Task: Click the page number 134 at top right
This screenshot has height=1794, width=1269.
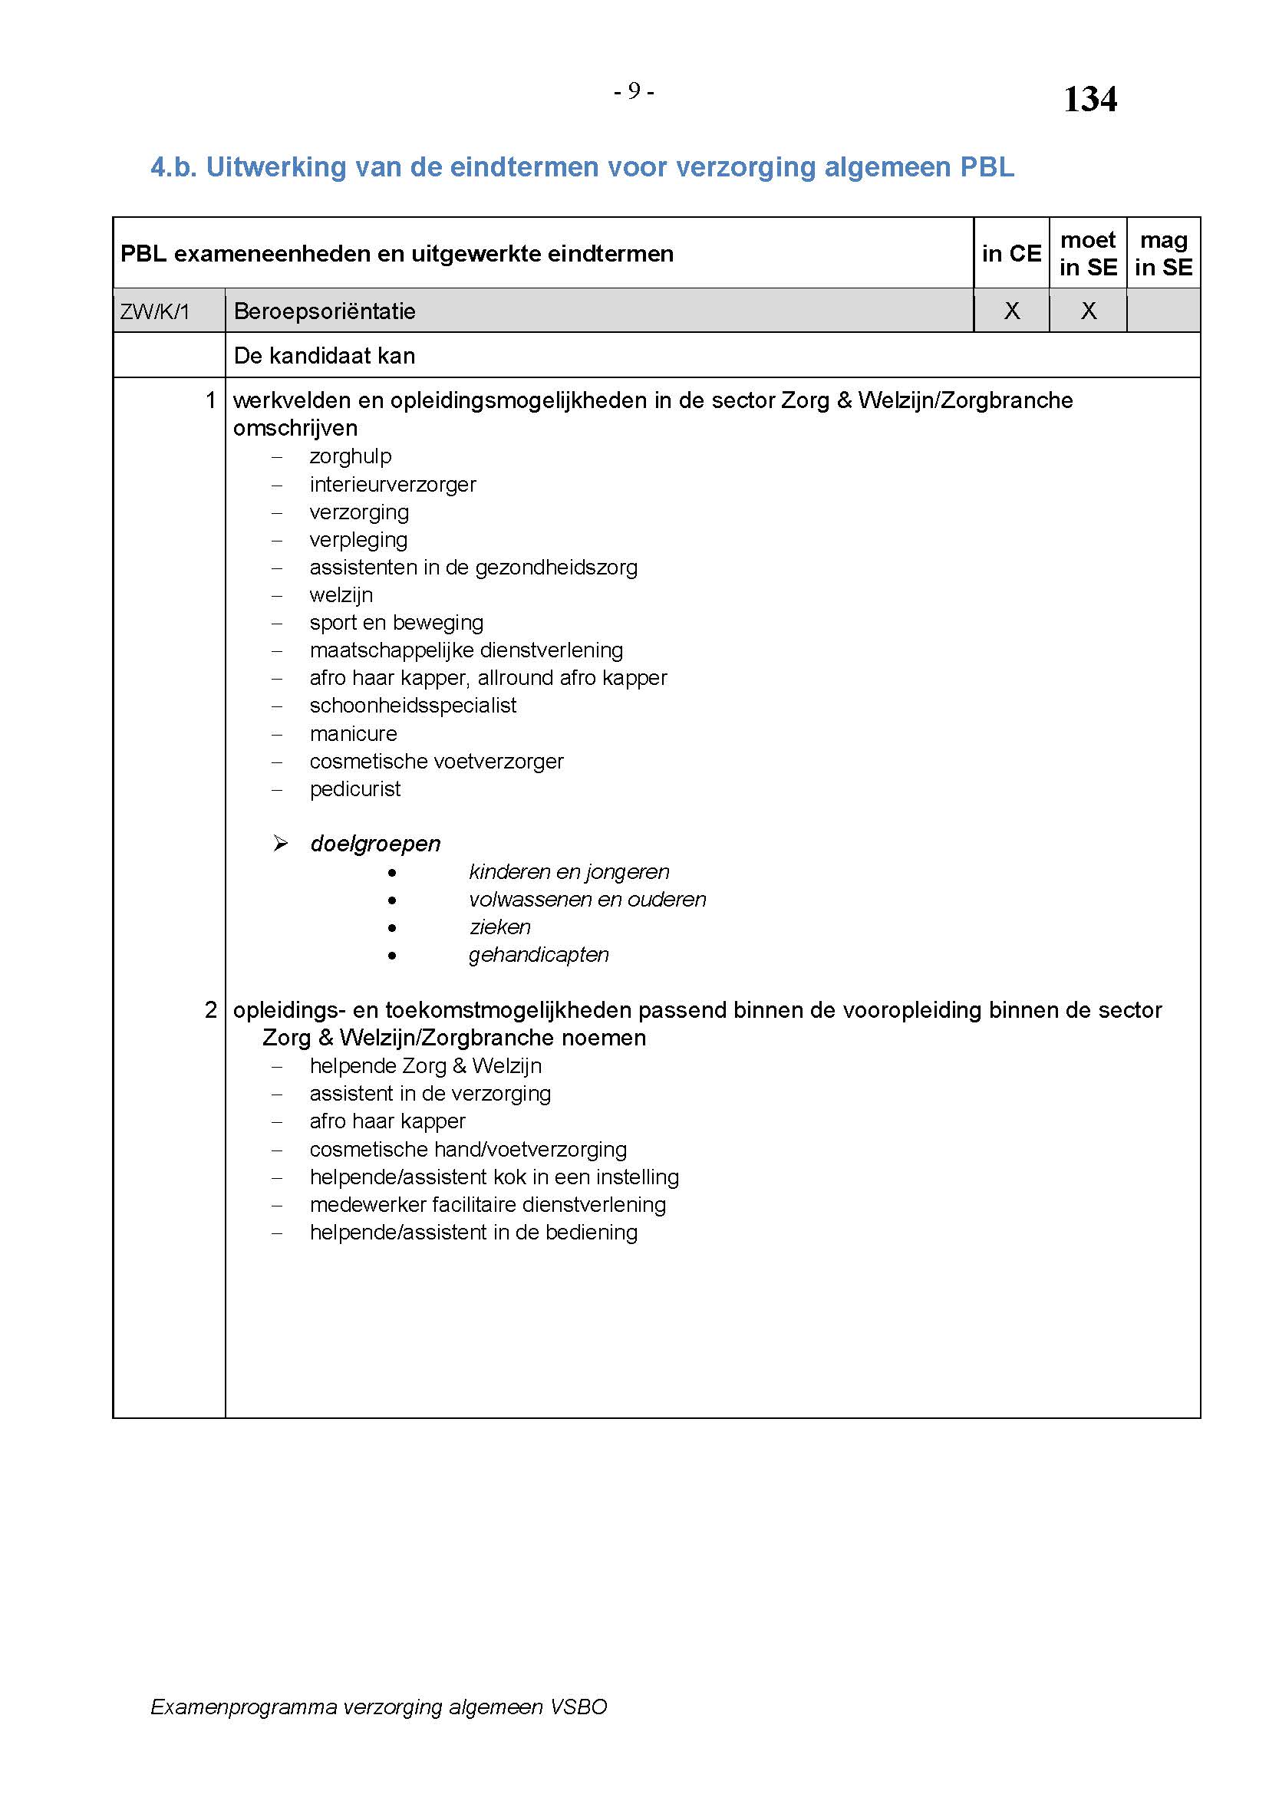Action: [x=1089, y=100]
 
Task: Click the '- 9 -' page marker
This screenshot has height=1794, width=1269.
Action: [x=633, y=92]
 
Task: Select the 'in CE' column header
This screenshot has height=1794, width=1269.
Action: [x=1011, y=253]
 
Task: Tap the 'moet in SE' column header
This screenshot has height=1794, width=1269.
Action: [x=1088, y=253]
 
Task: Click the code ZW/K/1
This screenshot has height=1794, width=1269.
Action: [x=155, y=311]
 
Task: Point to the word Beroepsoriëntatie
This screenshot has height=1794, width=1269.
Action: [x=325, y=311]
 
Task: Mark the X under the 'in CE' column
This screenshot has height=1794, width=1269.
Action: [x=1011, y=311]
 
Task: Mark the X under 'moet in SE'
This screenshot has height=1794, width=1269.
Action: [x=1088, y=311]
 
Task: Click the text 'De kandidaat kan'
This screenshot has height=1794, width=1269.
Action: [x=325, y=356]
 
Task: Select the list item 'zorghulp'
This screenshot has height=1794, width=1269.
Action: [x=350, y=456]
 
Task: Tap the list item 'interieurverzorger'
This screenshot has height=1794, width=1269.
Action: [x=392, y=485]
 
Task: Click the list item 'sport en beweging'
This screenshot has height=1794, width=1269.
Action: [x=396, y=623]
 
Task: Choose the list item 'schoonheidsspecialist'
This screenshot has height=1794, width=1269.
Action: [x=413, y=706]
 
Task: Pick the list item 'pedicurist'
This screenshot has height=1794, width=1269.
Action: [x=354, y=789]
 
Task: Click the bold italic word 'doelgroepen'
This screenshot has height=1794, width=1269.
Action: [x=375, y=844]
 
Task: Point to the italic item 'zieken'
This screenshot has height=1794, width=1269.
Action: [x=500, y=927]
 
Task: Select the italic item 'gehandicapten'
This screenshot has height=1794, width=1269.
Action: [x=539, y=955]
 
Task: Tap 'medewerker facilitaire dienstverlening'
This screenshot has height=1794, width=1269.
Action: [x=488, y=1205]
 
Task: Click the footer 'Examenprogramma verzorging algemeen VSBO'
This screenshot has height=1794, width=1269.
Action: [x=379, y=1707]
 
